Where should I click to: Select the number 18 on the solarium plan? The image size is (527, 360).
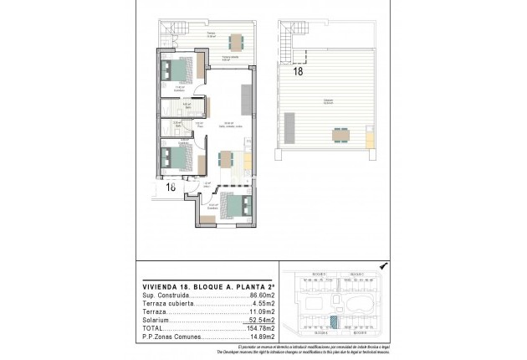tap(299, 72)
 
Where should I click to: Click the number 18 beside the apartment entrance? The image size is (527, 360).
tap(170, 188)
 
